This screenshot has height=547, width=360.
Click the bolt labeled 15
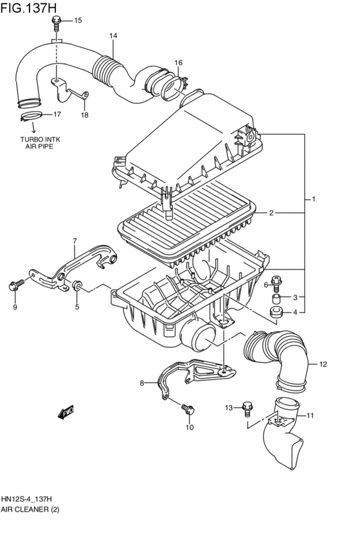point(56,22)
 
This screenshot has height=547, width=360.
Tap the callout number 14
point(113,35)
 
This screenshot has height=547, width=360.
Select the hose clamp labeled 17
point(32,116)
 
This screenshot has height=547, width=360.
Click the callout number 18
point(85,115)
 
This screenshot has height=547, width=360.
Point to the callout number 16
point(178,63)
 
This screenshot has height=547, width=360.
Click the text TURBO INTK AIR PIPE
point(40,143)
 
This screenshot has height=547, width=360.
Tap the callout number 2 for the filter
point(271,213)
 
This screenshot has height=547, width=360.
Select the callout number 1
point(314,199)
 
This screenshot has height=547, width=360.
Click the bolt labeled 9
point(15,285)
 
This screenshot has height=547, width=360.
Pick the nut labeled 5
point(77,285)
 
